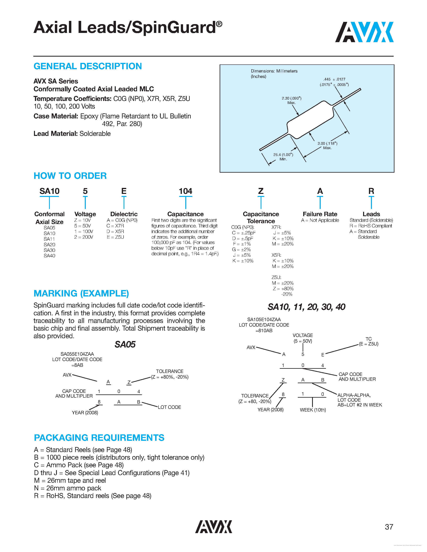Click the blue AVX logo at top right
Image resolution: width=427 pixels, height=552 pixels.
[364, 32]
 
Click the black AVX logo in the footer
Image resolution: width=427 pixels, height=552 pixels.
[213, 527]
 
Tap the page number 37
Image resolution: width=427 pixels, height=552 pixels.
[389, 527]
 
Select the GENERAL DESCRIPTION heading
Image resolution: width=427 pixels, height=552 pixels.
[88, 66]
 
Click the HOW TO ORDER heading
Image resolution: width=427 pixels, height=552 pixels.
[70, 176]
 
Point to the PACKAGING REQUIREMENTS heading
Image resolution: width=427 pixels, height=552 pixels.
[99, 438]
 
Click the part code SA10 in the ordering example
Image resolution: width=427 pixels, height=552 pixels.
[49, 191]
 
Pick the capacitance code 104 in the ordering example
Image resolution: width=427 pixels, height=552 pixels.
[185, 191]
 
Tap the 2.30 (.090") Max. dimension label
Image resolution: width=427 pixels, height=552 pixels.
[291, 100]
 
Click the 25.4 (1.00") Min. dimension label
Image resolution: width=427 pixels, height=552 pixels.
[283, 157]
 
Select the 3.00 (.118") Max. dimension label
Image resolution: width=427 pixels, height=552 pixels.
[327, 146]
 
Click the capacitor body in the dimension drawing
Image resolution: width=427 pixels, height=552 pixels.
[311, 119]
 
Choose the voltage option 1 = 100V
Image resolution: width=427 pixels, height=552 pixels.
[84, 231]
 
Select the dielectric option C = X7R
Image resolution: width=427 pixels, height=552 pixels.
[115, 226]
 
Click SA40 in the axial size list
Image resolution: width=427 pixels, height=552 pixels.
[49, 256]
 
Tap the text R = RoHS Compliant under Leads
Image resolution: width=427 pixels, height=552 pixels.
[371, 226]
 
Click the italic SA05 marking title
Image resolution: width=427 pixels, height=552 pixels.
[125, 344]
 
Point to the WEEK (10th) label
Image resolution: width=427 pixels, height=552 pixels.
[313, 410]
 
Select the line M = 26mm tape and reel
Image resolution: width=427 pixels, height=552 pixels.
[70, 481]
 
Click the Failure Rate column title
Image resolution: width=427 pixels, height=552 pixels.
[320, 214]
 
